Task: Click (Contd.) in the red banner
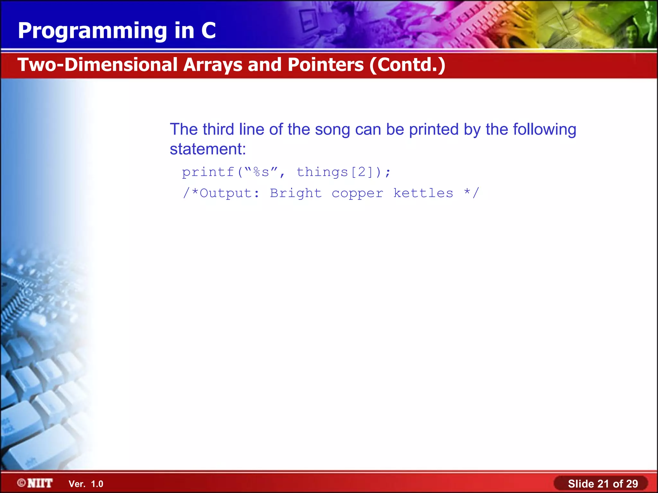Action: pos(407,65)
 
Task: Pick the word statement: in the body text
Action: pos(208,149)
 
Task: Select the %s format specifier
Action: pos(261,172)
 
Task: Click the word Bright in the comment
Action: pos(296,193)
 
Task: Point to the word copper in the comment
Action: pos(357,193)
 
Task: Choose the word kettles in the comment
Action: pos(423,193)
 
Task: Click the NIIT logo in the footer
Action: pos(35,483)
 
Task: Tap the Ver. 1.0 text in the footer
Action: pos(86,484)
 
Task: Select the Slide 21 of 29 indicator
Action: pos(603,484)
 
